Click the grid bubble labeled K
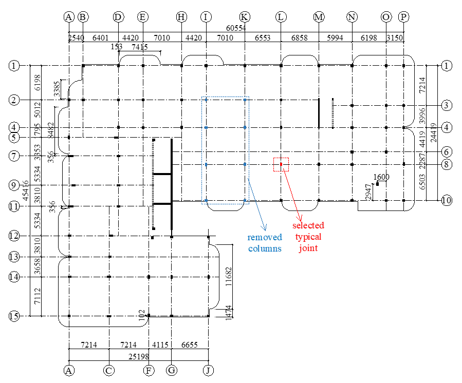point(245,17)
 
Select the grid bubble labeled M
point(319,17)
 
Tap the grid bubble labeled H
point(181,17)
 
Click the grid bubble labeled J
point(209,370)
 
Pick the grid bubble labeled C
point(109,370)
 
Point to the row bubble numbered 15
point(14,316)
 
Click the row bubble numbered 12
point(14,236)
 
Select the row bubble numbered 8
point(447,164)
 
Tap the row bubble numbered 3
point(447,105)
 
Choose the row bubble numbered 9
point(14,185)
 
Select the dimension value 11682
point(229,277)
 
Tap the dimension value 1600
point(381,177)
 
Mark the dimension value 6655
point(190,344)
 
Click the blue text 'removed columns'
point(265,243)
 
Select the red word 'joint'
point(308,248)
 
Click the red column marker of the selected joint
point(281,164)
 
